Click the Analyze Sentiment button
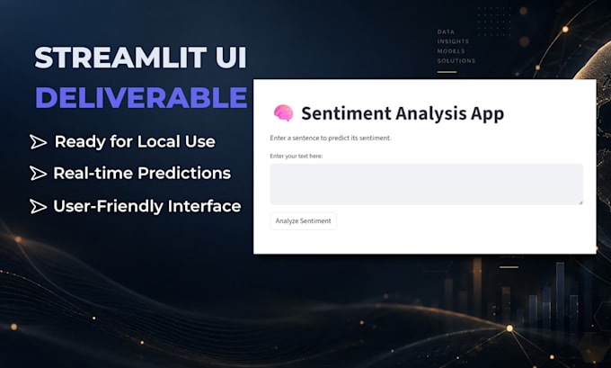303,220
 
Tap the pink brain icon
283,113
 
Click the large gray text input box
426,184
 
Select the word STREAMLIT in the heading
120,58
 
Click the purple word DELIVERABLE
141,97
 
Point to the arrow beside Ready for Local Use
39,142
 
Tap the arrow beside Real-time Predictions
38,174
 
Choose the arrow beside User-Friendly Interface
38,206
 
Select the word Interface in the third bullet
204,206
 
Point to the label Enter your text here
297,156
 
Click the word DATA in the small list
446,31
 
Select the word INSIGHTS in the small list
453,41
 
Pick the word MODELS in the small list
451,51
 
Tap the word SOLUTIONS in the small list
456,61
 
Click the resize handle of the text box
580,202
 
